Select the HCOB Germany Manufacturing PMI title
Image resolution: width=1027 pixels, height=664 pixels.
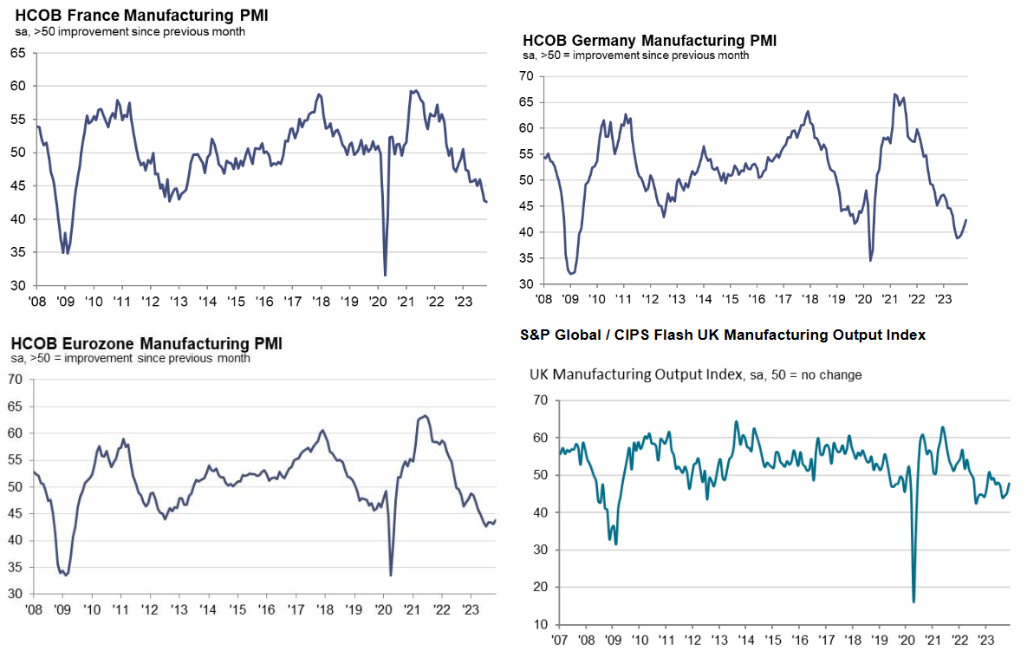pos(650,41)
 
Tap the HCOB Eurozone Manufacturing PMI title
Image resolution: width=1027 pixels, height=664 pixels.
pos(146,343)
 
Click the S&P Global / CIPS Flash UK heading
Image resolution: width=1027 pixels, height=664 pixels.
pos(723,335)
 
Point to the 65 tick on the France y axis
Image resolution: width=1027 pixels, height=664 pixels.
pos(17,53)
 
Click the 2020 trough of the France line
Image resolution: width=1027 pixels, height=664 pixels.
pos(385,275)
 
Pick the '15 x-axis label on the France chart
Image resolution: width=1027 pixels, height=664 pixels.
pos(235,302)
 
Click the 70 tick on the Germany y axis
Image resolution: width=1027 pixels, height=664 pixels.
pos(525,76)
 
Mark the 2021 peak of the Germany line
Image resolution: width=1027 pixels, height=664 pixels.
pos(894,94)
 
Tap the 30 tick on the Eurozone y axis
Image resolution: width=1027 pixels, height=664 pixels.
pos(15,595)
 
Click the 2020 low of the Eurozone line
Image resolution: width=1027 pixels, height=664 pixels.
pos(391,575)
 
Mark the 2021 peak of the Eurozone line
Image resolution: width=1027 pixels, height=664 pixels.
pos(424,416)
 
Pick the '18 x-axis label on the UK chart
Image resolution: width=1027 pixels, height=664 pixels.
pos(854,641)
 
